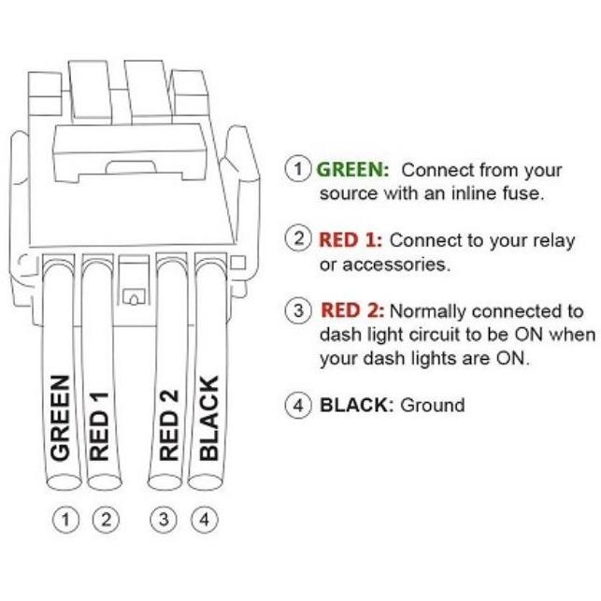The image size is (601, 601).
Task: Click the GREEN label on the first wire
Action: coord(60,417)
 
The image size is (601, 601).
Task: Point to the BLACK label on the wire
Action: coord(208,418)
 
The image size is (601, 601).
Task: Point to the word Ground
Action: coord(432,406)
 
